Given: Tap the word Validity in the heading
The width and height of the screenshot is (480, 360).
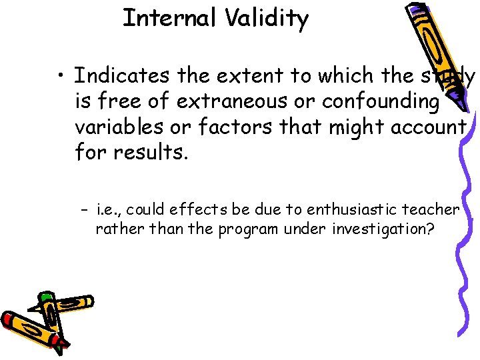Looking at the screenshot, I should coord(266,19).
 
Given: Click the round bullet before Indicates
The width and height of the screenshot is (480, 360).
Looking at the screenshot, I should coord(61,77).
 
